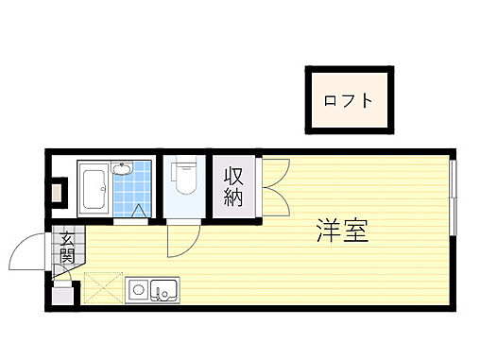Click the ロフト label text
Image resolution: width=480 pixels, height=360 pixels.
coord(347,100)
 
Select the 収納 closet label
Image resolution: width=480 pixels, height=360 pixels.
coord(233,186)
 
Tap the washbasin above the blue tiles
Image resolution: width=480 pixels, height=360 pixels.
coord(121,169)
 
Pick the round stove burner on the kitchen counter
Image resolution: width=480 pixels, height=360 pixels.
coord(137,289)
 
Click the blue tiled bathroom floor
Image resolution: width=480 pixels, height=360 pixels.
coord(131,194)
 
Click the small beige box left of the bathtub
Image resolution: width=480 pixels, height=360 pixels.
coord(59,196)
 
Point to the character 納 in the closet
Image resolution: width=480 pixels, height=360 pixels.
coord(233,197)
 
